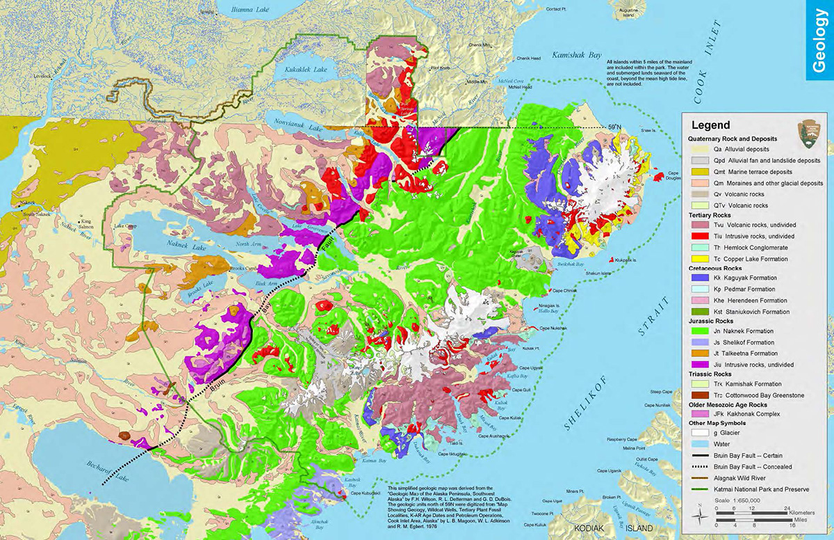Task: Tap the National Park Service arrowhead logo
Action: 808,130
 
